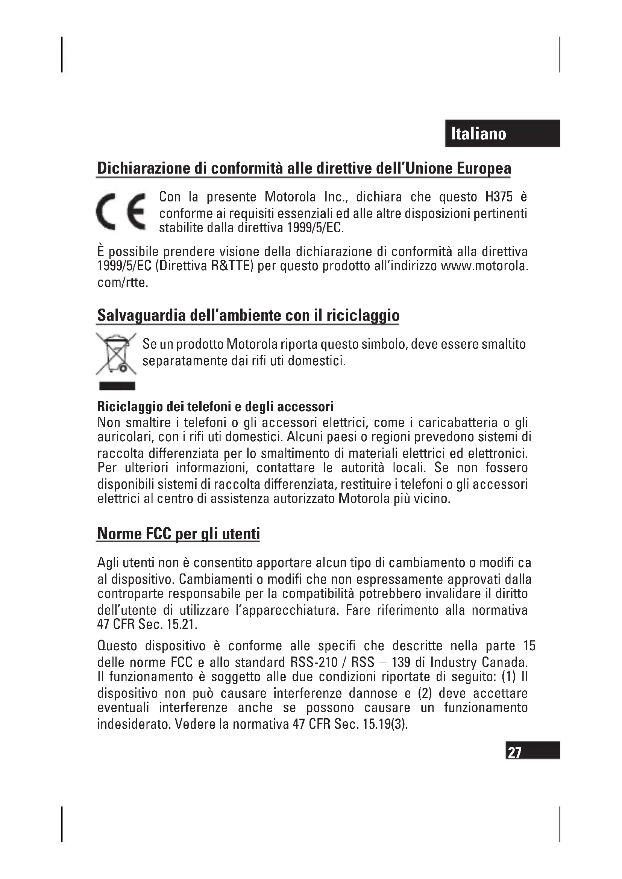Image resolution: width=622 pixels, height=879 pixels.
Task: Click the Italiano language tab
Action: point(503,134)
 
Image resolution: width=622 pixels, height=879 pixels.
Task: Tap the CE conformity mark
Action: point(121,212)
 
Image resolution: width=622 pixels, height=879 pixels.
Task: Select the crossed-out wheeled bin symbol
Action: point(116,353)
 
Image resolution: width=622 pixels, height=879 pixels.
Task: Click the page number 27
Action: point(514,752)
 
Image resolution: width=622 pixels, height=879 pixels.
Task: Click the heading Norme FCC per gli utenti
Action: point(179,533)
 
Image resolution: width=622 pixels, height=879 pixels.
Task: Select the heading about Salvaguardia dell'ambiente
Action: point(248,315)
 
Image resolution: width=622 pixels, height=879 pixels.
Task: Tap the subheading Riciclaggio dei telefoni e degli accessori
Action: point(215,406)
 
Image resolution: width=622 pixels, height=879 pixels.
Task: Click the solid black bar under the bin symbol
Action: point(117,386)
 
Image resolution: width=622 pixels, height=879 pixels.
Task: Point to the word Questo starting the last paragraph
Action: point(117,646)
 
